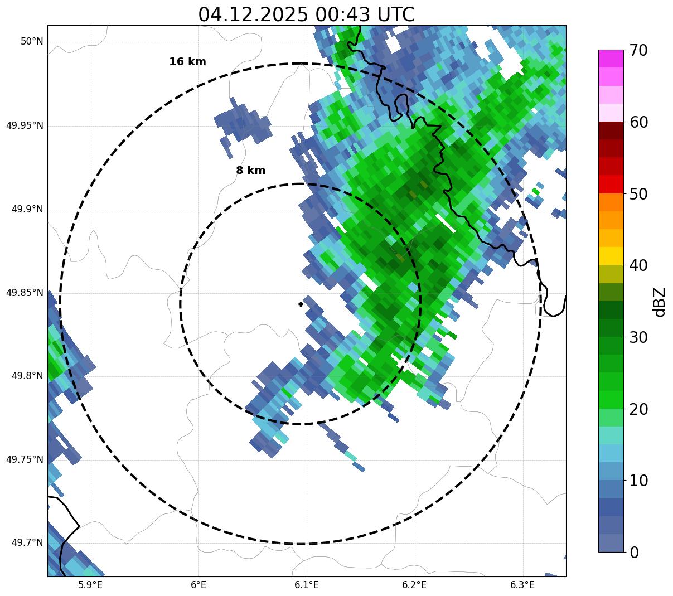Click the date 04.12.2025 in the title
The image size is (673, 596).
(x=253, y=14)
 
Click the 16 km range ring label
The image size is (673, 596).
(x=187, y=62)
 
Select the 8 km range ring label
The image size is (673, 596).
(x=250, y=171)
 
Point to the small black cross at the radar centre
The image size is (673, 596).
(x=301, y=304)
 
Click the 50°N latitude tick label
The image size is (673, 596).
(x=32, y=42)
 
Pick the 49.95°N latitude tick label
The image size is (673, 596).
(x=25, y=125)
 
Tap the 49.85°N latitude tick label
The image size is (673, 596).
(x=25, y=293)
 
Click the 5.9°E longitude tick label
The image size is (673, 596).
(x=90, y=585)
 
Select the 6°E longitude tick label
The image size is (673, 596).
(x=198, y=585)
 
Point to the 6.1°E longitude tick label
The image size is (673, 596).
(x=307, y=585)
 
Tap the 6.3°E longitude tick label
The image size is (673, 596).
(x=522, y=585)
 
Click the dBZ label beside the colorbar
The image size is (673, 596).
(x=660, y=302)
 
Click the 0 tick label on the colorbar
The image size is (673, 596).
(x=634, y=553)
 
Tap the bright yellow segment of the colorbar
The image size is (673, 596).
(x=611, y=256)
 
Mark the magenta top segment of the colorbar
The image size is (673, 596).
(x=611, y=59)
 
